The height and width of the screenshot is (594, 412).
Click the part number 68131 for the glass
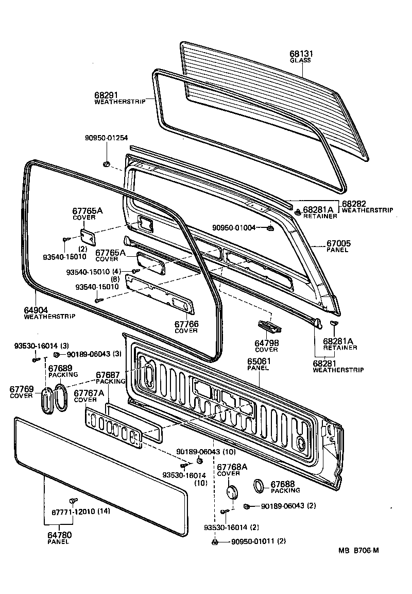point(301,54)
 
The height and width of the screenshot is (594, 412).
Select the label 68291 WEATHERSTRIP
point(106,95)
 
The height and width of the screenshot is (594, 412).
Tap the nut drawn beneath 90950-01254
point(106,164)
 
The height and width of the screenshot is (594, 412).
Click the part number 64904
point(36,310)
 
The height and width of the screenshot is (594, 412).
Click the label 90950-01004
point(234,227)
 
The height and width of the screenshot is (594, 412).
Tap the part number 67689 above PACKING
point(60,369)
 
